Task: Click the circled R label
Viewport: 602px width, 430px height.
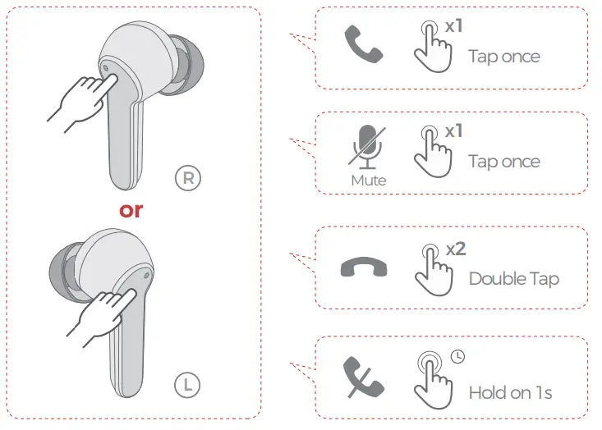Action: tap(188, 177)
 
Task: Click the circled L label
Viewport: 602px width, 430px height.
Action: tap(188, 382)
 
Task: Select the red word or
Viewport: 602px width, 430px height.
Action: tap(131, 209)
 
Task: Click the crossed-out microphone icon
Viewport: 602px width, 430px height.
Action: tap(366, 148)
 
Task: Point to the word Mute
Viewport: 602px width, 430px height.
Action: tap(367, 179)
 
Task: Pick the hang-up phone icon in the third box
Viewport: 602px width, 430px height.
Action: tap(364, 268)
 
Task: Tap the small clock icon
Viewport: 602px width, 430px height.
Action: tap(457, 356)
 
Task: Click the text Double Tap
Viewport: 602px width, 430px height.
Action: tap(513, 278)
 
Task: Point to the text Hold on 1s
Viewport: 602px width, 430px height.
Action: tap(510, 392)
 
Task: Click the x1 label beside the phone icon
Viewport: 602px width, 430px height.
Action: tap(454, 26)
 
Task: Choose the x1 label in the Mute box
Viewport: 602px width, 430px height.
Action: tap(454, 130)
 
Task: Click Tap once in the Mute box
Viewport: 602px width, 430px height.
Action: tap(503, 161)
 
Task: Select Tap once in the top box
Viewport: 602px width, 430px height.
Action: tap(503, 57)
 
